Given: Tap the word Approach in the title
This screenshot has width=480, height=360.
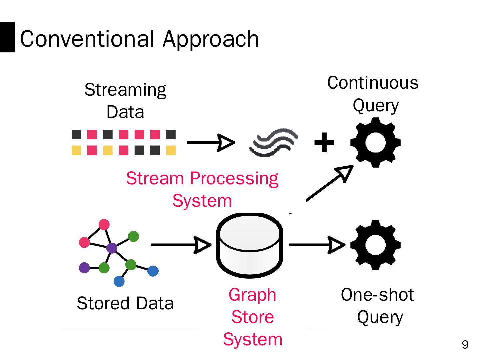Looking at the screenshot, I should [211, 39].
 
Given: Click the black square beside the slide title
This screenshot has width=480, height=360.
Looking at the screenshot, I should [7, 37].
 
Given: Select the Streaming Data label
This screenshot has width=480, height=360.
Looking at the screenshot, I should [125, 101].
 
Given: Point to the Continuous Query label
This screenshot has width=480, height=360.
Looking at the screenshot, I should [373, 94].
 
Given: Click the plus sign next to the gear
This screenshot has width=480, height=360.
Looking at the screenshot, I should [324, 143].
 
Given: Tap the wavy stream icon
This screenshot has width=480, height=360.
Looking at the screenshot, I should [274, 143].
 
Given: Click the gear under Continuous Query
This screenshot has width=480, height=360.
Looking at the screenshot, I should [375, 143].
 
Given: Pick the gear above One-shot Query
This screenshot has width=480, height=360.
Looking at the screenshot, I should [375, 245].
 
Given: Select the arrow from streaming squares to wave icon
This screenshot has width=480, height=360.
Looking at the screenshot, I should [211, 143].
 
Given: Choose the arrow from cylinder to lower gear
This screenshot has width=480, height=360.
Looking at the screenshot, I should [317, 245].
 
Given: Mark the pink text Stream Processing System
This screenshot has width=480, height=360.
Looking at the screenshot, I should [202, 189].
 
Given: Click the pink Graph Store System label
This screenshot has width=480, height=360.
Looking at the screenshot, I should [253, 317].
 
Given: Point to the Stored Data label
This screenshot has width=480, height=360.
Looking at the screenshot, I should [125, 303].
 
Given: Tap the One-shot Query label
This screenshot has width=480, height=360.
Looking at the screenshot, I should [378, 306].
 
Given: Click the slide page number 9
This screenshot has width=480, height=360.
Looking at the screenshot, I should [465, 344].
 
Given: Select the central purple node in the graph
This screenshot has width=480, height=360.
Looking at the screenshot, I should [112, 248].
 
